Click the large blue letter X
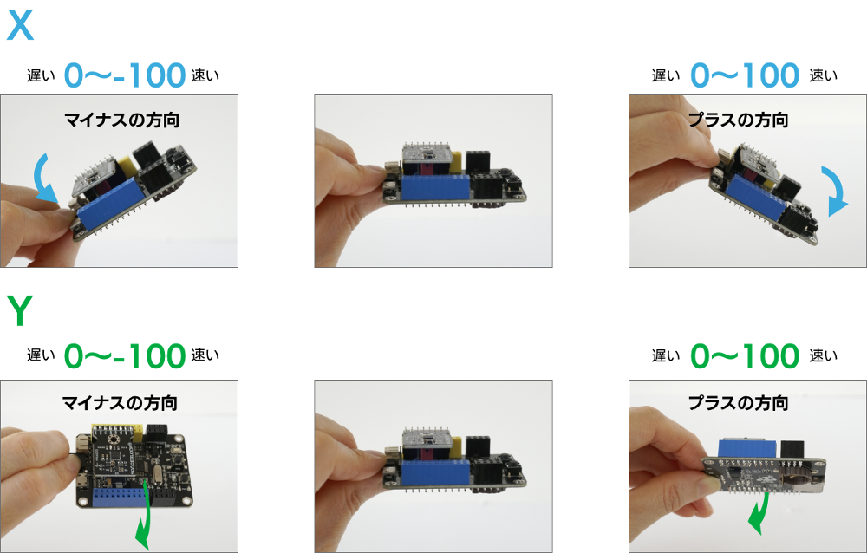pos(20,25)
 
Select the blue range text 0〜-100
pos(124,75)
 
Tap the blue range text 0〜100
pos(745,75)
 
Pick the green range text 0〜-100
pos(124,355)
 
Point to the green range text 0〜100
pos(745,355)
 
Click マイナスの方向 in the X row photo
pos(121,120)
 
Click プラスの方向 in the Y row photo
pos(738,402)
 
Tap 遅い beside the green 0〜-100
pos(41,355)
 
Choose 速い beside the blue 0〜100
pos(824,75)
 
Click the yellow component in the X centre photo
pos(456,162)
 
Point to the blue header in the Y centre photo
pos(436,472)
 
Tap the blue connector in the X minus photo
pos(109,203)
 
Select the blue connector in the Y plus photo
pos(749,448)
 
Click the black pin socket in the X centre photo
pos(478,161)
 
